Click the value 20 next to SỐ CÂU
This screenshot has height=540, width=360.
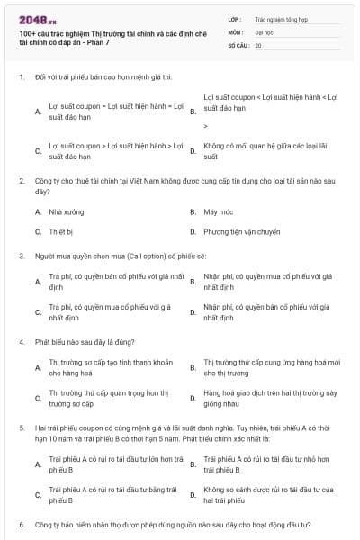[258, 44]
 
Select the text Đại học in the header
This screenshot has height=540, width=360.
[263, 31]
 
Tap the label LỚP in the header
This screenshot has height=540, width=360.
[235, 17]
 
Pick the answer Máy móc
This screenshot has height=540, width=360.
[215, 211]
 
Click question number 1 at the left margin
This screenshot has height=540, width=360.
[21, 76]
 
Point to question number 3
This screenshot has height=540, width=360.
[21, 256]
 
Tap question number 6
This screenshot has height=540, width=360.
[21, 523]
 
